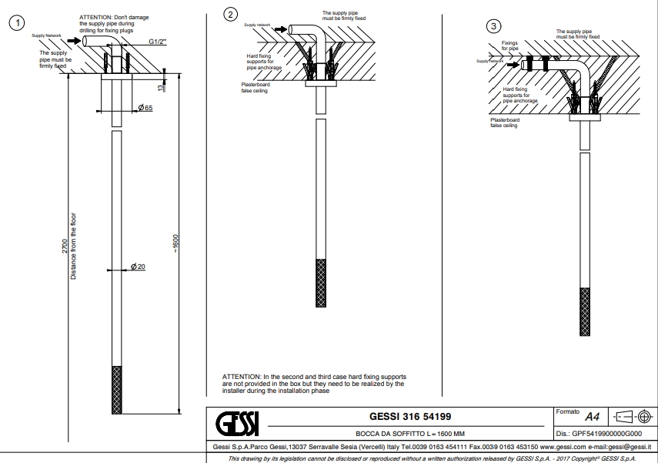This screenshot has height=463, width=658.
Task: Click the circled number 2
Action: tap(229, 13)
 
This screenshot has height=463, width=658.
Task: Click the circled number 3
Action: tap(494, 27)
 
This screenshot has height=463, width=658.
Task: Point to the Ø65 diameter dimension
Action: tap(145, 107)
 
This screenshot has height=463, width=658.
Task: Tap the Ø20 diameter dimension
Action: tap(138, 267)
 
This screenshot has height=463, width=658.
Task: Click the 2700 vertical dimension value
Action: tap(64, 247)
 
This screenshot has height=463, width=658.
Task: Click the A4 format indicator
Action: tap(592, 417)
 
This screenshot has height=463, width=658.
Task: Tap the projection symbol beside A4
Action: tap(633, 417)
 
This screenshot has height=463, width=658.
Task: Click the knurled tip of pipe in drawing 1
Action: tap(116, 389)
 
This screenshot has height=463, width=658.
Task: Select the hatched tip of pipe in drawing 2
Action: tap(320, 284)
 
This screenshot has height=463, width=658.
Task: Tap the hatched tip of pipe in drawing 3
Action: tap(584, 311)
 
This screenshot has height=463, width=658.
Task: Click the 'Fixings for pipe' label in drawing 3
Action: tap(510, 45)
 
